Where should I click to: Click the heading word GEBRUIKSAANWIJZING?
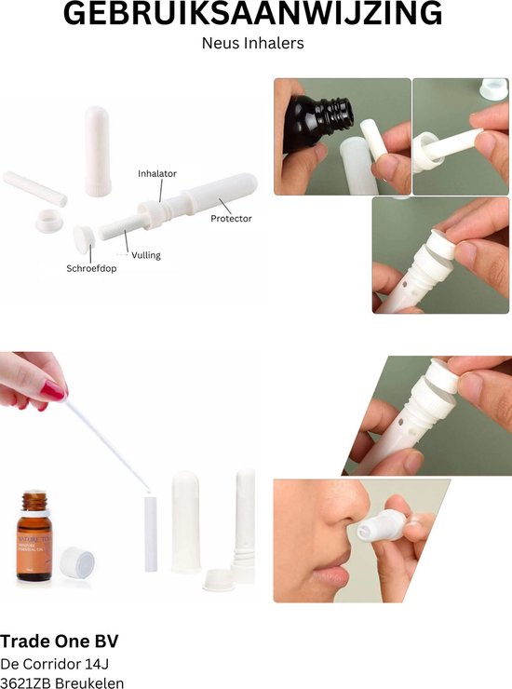[x=253, y=15]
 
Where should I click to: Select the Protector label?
[x=230, y=218]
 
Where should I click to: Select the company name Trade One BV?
[x=60, y=642]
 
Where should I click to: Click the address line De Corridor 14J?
[x=58, y=665]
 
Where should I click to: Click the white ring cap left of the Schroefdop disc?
[x=47, y=222]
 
